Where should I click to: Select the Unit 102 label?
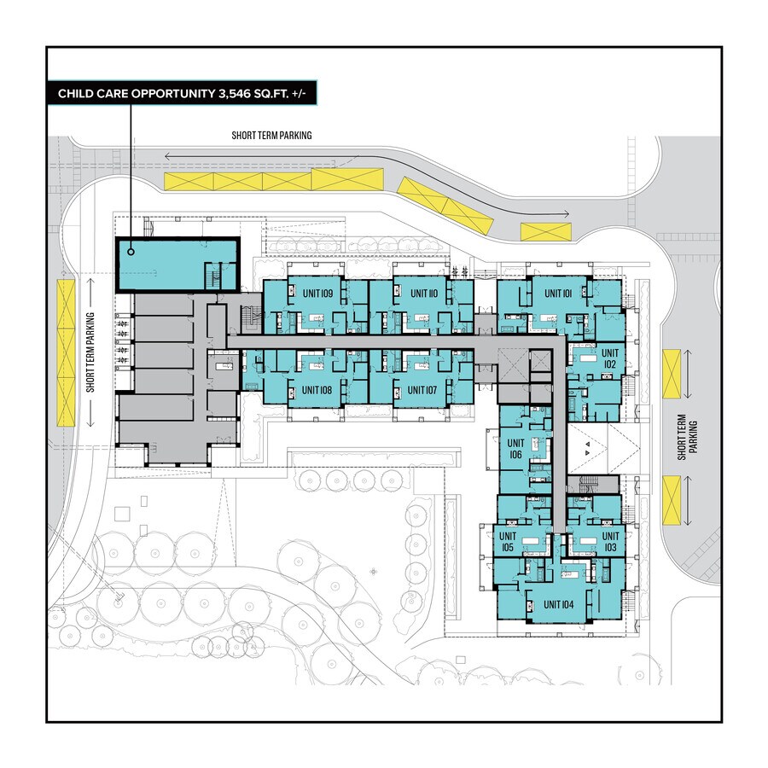[x=609, y=358]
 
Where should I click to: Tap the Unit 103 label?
[x=609, y=541]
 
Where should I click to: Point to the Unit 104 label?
[x=558, y=604]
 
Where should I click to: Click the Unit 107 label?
[x=422, y=390]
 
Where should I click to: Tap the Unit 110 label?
[x=423, y=293]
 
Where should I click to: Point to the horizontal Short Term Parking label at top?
[x=271, y=135]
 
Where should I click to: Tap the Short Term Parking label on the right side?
[x=687, y=437]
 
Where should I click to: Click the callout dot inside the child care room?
[x=130, y=251]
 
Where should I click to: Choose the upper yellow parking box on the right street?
[x=672, y=373]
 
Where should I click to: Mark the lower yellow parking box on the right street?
[x=672, y=501]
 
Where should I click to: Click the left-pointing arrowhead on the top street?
[x=170, y=156]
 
